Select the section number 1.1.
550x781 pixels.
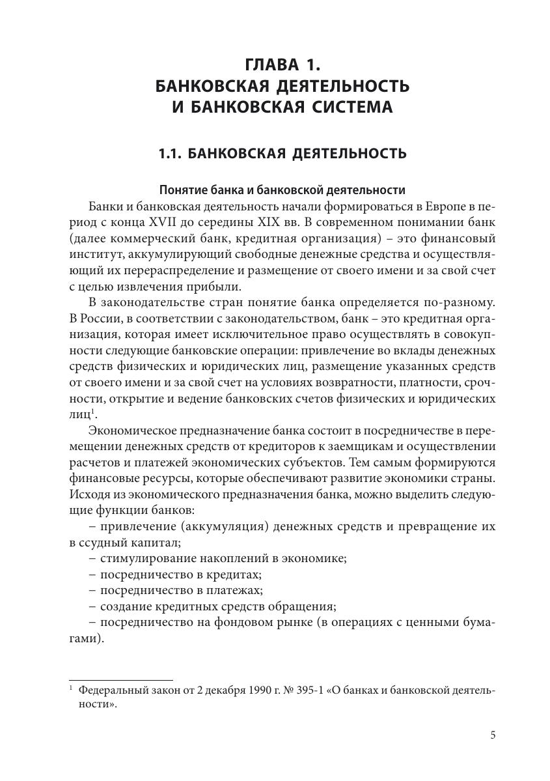coord(172,154)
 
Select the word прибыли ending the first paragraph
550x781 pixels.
coord(213,287)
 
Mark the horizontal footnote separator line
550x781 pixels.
coord(120,680)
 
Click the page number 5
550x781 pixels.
coord(492,735)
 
